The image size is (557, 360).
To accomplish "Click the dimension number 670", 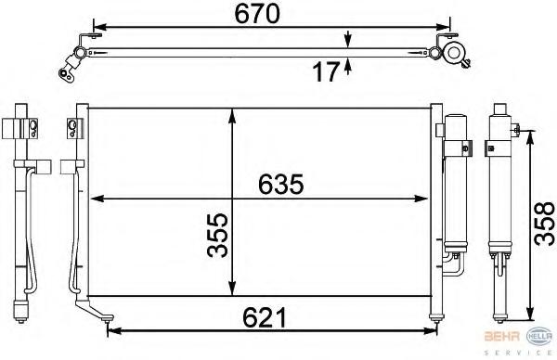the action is coord(257,14).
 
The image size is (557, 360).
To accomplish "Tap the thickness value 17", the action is coord(326,71).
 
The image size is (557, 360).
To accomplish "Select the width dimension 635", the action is coord(280,185).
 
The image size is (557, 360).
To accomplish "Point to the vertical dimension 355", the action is coord(217,235).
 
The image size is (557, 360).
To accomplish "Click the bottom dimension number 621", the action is coord(265,318).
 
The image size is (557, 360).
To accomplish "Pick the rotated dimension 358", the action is coord(544,224).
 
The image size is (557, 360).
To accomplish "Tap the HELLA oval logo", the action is coord(539,336).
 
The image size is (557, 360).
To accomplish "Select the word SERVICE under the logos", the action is coord(518,353).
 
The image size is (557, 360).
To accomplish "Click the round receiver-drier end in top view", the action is coord(453,53).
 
